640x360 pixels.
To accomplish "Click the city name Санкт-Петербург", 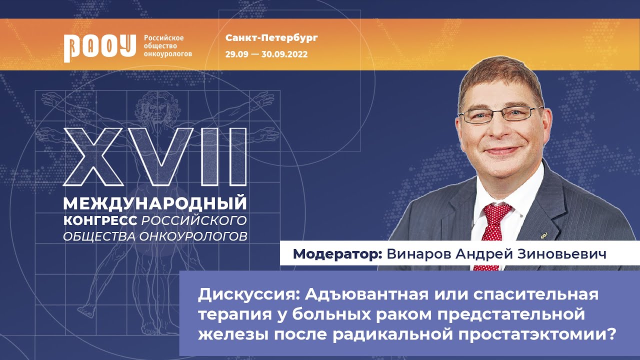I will [x=271, y=38].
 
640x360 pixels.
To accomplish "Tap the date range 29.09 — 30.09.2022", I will [x=266, y=54].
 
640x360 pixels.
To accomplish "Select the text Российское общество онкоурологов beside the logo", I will [x=167, y=45].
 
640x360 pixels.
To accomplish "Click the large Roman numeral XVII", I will [x=155, y=156].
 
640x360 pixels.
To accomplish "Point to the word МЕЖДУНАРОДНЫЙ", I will [x=155, y=203].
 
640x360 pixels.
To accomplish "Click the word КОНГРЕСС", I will [x=100, y=220].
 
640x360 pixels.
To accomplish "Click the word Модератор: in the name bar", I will [x=338, y=253].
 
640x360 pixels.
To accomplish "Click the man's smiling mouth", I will [x=501, y=150].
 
